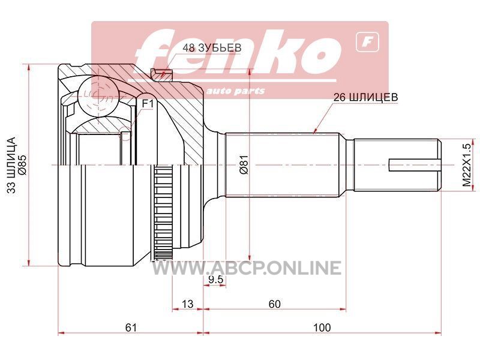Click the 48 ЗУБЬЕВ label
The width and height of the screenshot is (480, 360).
point(212,48)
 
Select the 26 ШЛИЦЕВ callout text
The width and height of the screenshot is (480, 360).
point(366,97)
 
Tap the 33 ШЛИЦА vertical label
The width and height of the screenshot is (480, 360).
point(11,166)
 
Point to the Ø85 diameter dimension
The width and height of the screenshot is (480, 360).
point(23,166)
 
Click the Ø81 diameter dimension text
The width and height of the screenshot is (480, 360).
point(244,164)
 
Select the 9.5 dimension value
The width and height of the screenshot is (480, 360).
point(216,279)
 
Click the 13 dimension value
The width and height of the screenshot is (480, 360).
point(188,304)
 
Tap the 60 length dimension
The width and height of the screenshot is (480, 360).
point(274,304)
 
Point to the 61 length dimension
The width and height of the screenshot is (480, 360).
point(131,328)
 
